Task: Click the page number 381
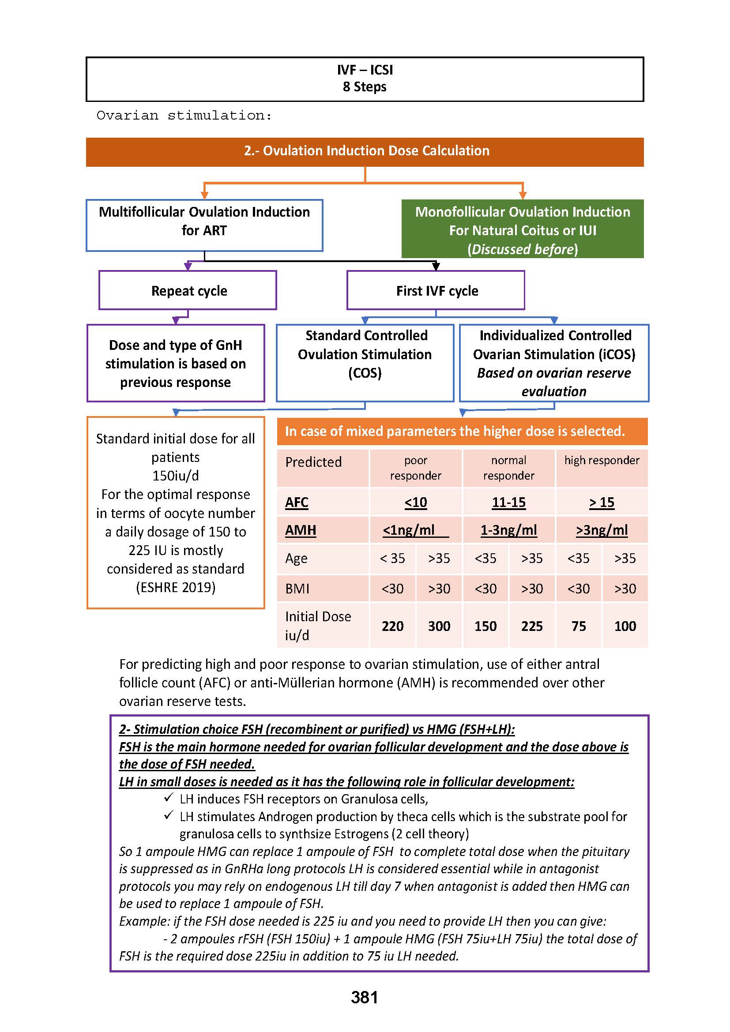364,998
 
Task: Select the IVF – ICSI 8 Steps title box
365,79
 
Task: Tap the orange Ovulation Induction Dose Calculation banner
365,151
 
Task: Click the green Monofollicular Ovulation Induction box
522,229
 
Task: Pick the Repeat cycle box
188,290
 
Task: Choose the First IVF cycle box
436,290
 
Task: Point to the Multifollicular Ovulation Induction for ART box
204,225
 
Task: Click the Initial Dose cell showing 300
439,626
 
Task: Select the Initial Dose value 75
579,626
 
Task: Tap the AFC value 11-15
508,503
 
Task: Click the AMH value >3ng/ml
602,530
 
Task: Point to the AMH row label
301,530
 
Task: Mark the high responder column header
602,461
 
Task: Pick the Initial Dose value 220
392,626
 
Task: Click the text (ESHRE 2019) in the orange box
175,587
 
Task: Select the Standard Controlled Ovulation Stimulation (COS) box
365,363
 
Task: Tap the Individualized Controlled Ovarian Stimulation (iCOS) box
554,363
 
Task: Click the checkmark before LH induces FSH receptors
169,797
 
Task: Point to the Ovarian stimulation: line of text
184,116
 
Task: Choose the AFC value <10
415,503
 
